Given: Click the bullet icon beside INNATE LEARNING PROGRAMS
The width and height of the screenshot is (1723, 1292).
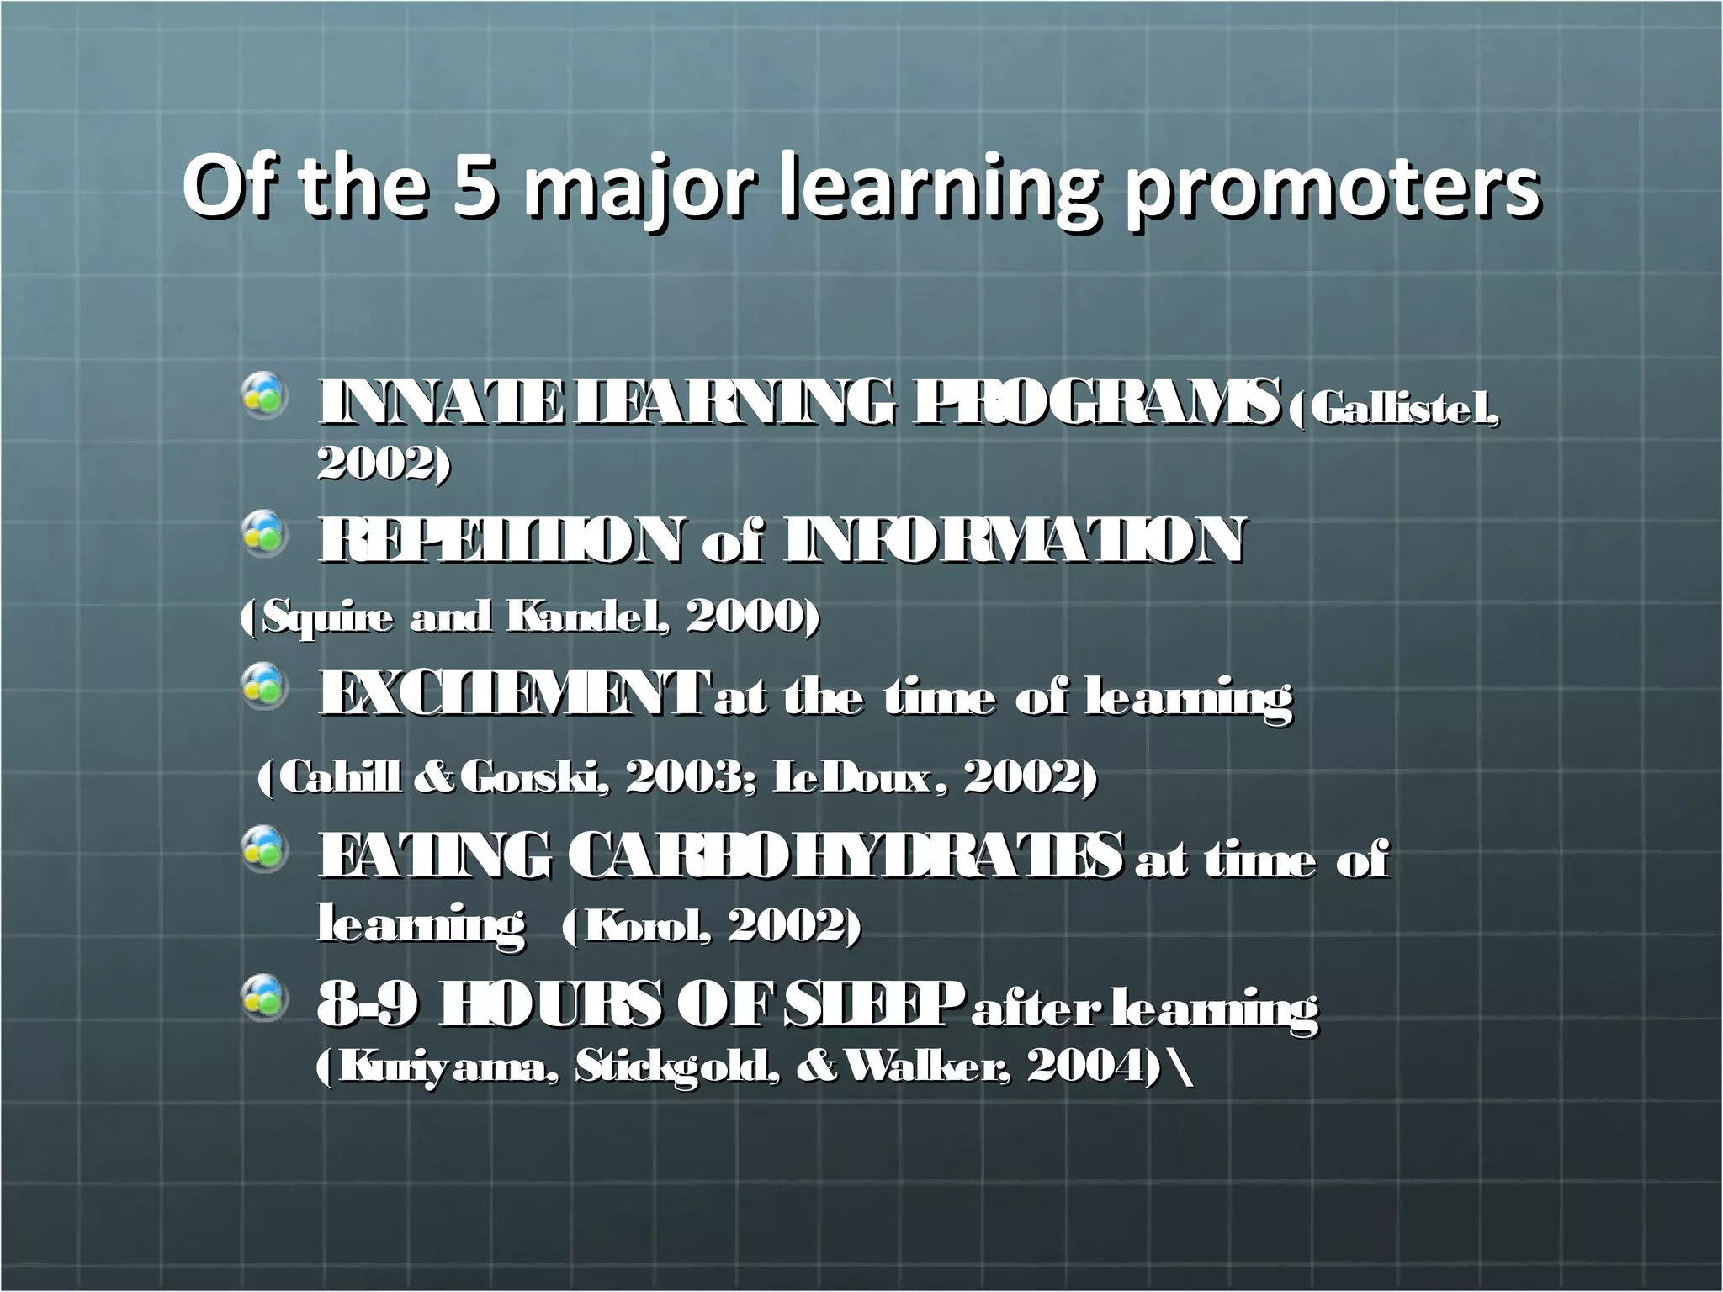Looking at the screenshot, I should (265, 396).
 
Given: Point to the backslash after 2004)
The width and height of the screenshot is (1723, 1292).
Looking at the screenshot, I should (1185, 1066).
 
